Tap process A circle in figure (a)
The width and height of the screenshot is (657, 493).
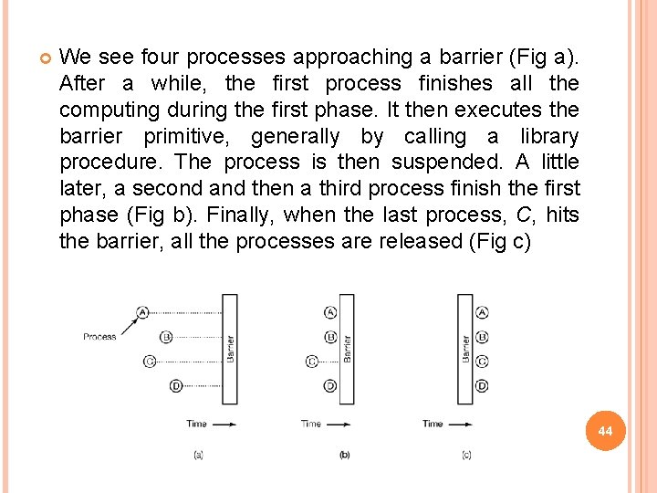point(142,312)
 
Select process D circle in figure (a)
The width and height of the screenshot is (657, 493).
point(176,386)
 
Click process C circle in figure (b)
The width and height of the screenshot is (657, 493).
point(312,362)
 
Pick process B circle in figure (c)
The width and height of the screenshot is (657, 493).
point(482,337)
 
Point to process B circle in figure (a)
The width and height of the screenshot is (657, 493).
point(165,337)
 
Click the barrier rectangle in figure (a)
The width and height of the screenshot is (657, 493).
point(230,349)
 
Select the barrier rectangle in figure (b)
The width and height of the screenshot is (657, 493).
point(347,349)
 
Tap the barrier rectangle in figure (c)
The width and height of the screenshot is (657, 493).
point(465,349)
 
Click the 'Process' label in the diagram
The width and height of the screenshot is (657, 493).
point(99,337)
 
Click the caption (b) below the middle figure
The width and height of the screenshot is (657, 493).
point(344,455)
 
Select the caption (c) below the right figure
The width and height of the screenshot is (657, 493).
point(466,455)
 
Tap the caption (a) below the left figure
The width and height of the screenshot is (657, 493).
point(198,455)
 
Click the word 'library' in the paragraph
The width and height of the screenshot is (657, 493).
point(546,136)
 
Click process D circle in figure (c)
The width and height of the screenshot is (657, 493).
point(482,386)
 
